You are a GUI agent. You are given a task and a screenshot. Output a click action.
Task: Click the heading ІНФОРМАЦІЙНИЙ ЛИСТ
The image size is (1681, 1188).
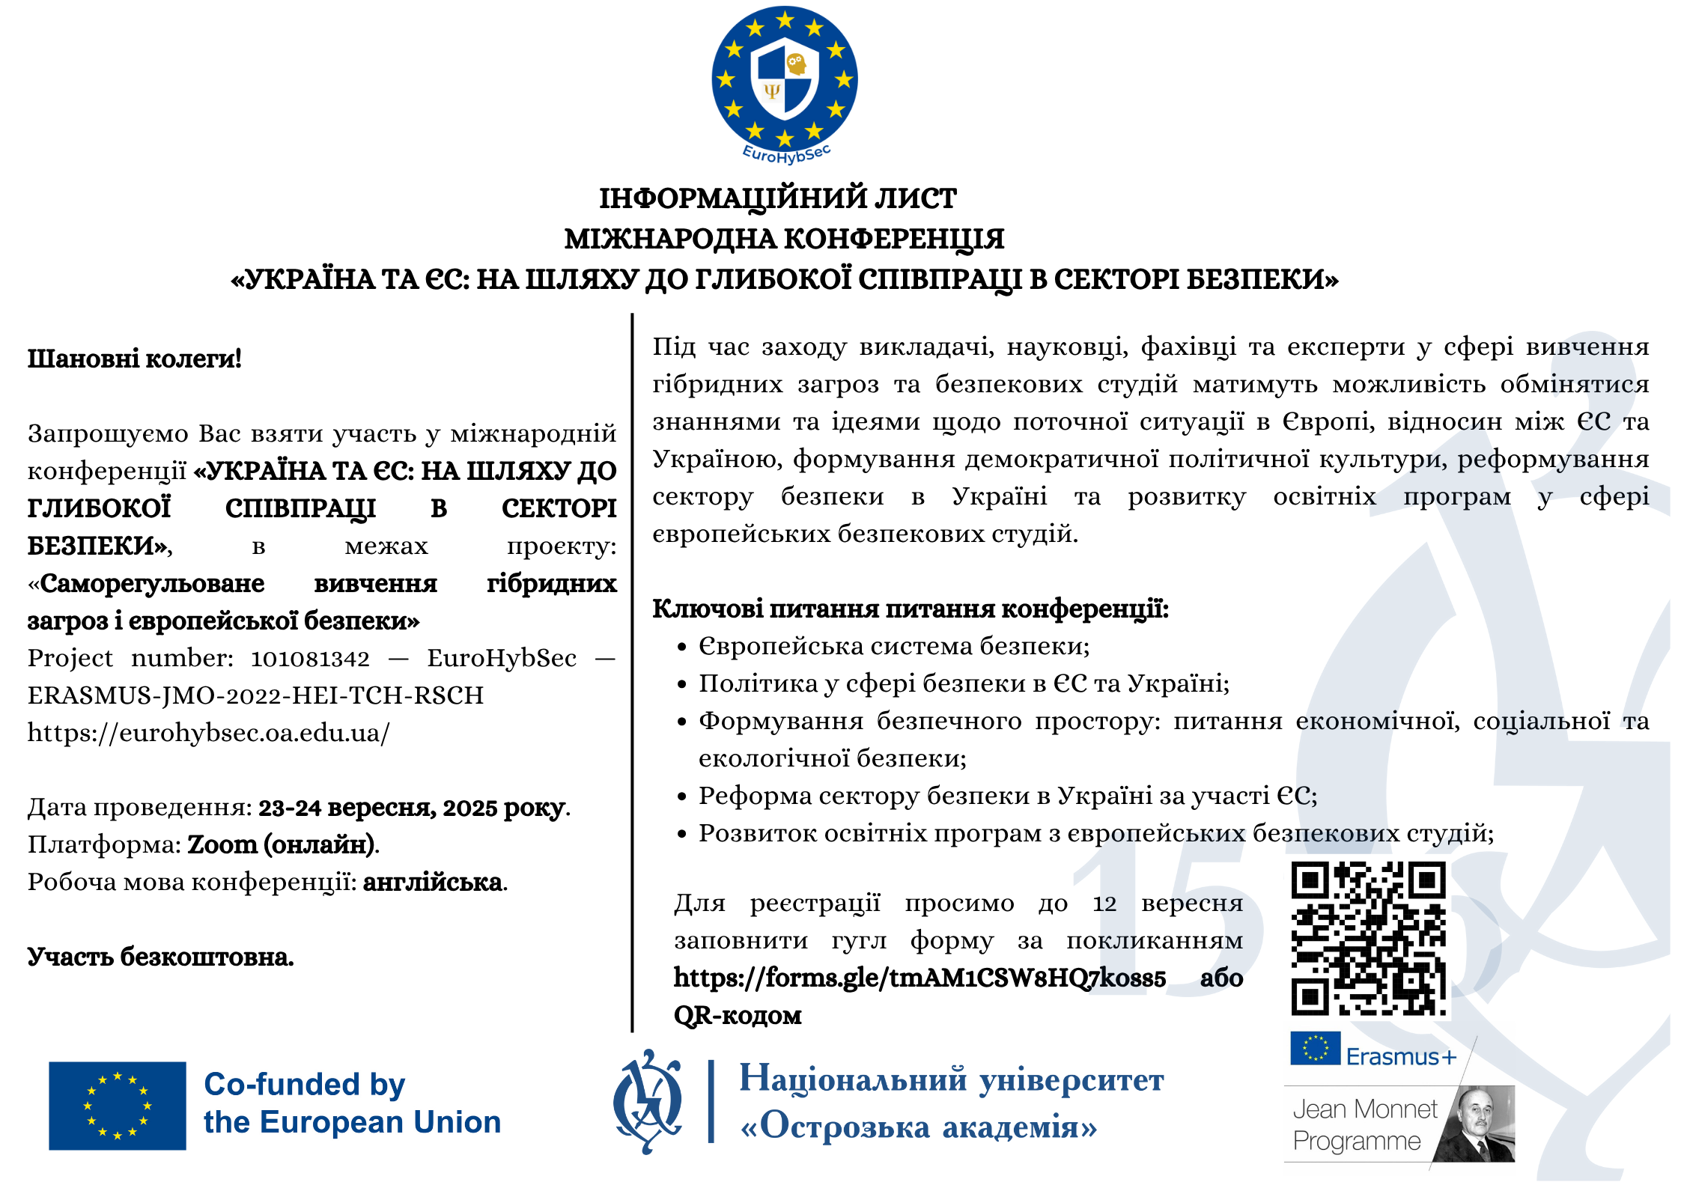[x=777, y=198]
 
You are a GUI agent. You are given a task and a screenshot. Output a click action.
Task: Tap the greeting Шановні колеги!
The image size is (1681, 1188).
[x=135, y=359]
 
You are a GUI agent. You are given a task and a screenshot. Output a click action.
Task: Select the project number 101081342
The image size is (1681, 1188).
[x=310, y=658]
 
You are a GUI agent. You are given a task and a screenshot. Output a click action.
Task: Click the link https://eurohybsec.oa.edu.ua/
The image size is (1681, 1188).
[x=208, y=732]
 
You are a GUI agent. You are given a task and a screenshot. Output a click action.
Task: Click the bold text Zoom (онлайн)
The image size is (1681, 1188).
[x=282, y=844]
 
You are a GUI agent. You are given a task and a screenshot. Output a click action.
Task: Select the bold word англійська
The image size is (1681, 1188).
[x=432, y=882]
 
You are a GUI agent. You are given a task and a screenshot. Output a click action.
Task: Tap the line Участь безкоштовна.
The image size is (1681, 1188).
[x=160, y=957]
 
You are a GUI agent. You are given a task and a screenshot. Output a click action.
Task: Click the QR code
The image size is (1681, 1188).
[x=1368, y=939]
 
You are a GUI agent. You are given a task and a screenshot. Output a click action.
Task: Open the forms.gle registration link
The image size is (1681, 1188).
[x=919, y=978]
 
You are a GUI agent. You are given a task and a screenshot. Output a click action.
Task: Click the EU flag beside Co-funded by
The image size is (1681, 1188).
[x=117, y=1105]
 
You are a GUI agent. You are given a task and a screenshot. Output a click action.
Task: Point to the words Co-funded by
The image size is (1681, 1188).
[x=304, y=1084]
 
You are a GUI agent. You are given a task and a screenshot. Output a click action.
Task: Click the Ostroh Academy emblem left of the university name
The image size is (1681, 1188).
[x=647, y=1101]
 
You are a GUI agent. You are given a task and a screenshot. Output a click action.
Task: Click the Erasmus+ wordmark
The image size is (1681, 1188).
[x=1401, y=1056]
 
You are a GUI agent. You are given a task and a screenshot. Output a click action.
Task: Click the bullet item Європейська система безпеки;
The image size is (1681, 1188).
[x=893, y=646]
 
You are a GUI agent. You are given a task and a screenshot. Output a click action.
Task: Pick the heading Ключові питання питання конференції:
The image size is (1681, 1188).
[x=910, y=609]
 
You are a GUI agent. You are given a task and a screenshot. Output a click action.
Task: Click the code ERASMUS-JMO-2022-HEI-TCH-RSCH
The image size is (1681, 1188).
[x=255, y=695]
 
